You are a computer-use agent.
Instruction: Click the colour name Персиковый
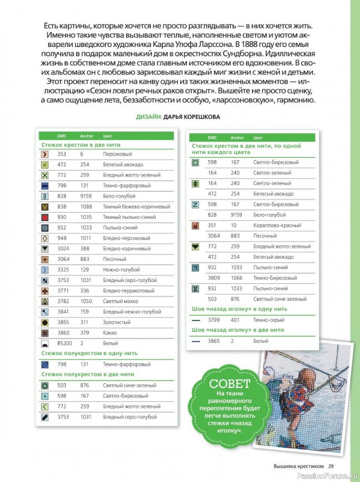(117, 154)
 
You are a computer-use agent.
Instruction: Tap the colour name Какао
(110, 332)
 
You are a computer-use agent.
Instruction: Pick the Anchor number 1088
(85, 206)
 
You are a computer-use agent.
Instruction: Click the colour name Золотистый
(116, 322)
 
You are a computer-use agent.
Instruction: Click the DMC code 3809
(213, 278)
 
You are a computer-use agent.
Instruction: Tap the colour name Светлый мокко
(119, 301)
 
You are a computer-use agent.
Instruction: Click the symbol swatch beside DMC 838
(45, 206)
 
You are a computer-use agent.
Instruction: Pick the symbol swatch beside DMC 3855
(45, 322)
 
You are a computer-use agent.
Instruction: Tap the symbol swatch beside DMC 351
(195, 225)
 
